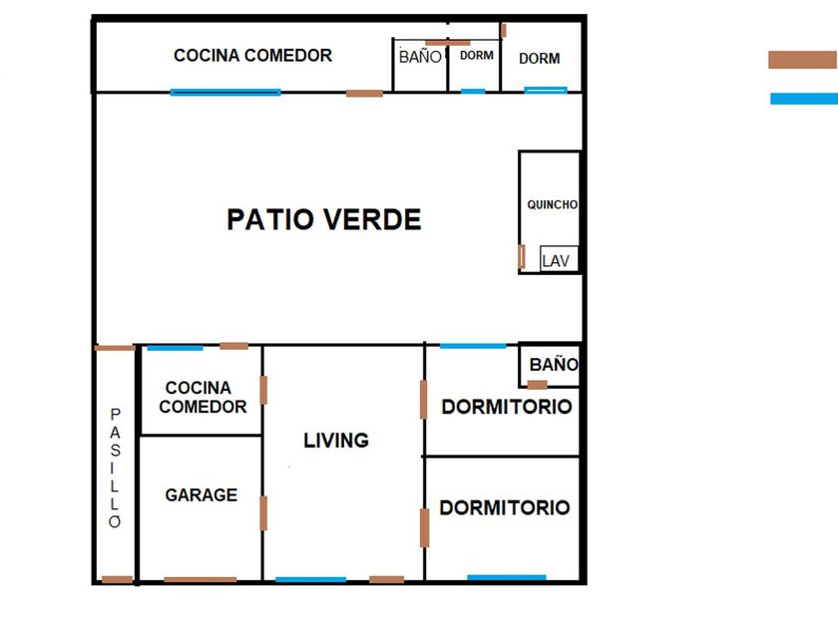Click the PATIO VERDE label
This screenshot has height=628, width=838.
(324, 219)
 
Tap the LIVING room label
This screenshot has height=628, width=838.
(336, 440)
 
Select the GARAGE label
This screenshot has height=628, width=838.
(201, 495)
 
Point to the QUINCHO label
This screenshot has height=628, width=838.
(552, 204)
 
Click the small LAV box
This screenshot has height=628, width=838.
(559, 258)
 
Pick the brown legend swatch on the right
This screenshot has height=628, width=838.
(803, 60)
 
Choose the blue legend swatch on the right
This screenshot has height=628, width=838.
(804, 99)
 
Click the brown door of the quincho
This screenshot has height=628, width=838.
(522, 256)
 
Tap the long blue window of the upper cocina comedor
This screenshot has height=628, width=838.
(225, 92)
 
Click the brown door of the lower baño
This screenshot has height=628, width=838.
(537, 385)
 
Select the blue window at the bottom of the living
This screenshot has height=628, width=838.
(310, 579)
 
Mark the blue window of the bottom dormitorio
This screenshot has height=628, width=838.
(507, 577)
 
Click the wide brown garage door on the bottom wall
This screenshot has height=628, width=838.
(200, 579)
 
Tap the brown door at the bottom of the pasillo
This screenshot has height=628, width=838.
(117, 579)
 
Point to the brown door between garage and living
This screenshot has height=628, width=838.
(263, 513)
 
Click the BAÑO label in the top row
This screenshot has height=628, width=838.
(420, 56)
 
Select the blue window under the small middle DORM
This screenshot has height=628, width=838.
(473, 92)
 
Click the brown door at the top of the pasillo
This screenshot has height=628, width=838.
(115, 348)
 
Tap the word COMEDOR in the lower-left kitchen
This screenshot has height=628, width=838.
(203, 407)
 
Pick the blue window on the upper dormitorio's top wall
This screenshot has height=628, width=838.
(473, 346)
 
